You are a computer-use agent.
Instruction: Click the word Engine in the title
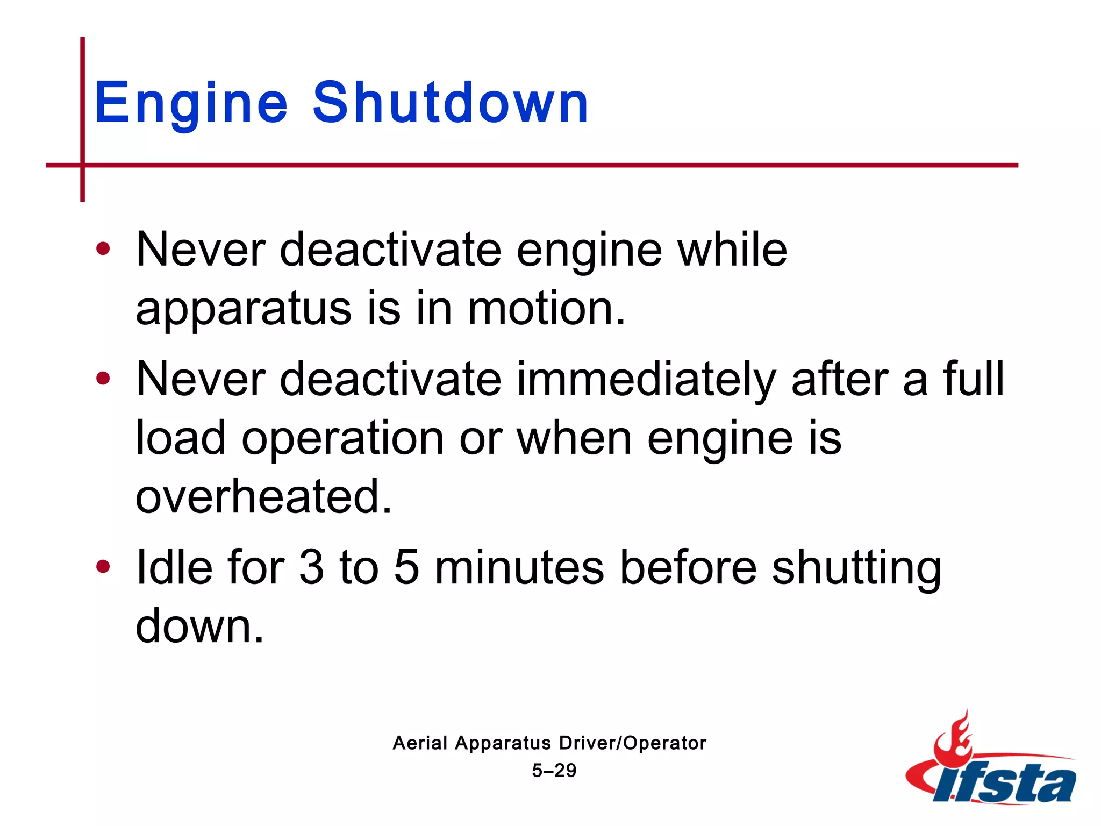(x=191, y=103)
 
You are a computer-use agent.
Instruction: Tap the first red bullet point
(x=103, y=249)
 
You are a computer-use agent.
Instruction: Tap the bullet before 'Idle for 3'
(x=103, y=567)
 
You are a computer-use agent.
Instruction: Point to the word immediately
(x=646, y=380)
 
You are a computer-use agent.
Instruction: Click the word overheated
(x=263, y=496)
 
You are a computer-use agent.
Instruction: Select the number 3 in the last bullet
(x=311, y=567)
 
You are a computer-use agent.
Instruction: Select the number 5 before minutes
(x=406, y=567)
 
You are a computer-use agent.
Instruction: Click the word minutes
(x=519, y=567)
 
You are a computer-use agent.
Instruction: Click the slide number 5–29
(x=554, y=771)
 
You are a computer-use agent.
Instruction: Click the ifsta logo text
(x=1005, y=783)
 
